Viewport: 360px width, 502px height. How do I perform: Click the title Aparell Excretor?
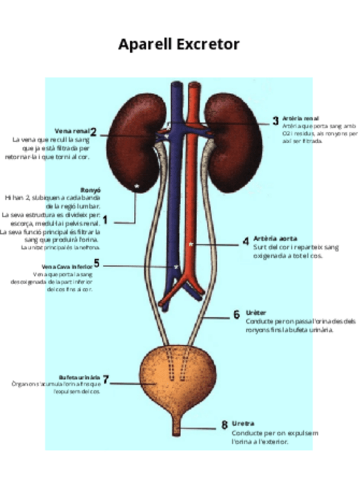pyautogui.click(x=178, y=44)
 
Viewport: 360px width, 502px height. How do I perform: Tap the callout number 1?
pyautogui.click(x=105, y=220)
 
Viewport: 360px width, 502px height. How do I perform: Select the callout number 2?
pyautogui.click(x=94, y=132)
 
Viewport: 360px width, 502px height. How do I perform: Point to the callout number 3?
pyautogui.click(x=275, y=121)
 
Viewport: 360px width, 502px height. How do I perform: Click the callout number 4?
pyautogui.click(x=246, y=242)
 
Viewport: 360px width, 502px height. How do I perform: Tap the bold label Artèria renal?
pyautogui.click(x=301, y=118)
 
